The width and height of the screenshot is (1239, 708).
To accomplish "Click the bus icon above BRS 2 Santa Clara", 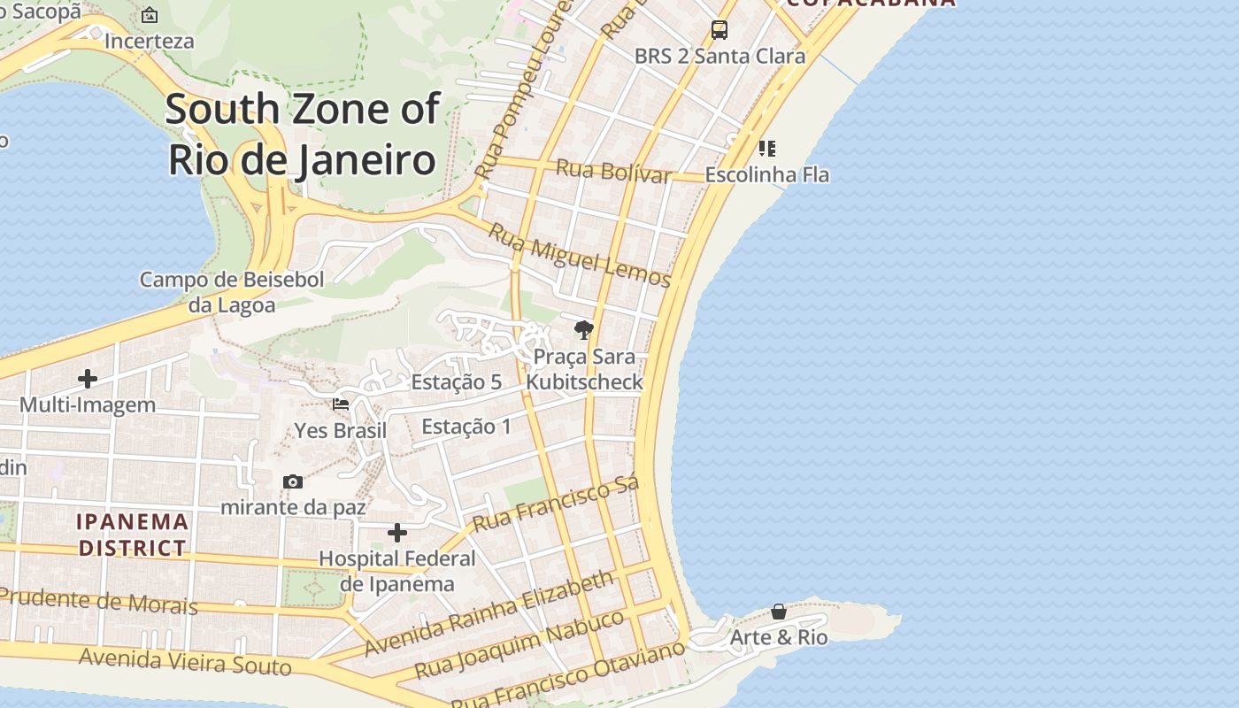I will point(720,30).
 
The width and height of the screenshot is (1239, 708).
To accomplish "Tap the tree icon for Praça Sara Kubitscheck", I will point(583,330).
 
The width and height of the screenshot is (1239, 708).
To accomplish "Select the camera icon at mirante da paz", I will point(293,481).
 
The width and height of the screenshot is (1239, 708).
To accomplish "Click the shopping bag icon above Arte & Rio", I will point(778,612).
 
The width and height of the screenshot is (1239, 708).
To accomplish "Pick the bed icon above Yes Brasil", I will point(341,404).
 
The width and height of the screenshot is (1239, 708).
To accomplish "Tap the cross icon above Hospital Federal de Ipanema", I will point(397,533).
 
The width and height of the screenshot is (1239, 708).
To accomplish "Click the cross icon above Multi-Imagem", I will point(88,379).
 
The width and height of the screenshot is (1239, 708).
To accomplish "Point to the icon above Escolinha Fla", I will point(767,148).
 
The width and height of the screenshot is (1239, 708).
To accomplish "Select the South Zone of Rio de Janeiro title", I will point(302,135).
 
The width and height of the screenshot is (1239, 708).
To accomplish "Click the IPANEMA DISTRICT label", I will point(133,535).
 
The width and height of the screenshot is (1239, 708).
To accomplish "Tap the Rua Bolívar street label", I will point(613,170).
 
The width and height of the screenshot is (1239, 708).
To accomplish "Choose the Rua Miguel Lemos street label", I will point(581,256).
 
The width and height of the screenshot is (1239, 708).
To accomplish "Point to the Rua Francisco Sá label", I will point(555,505).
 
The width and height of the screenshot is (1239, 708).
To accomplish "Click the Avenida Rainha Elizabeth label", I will point(489,613).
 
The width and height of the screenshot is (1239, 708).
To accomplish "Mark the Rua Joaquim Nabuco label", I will point(519,644).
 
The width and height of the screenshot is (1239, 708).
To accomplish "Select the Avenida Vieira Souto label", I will point(185,660).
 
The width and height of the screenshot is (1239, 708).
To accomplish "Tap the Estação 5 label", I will point(457,382).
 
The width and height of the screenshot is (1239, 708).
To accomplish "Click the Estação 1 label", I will point(466,427).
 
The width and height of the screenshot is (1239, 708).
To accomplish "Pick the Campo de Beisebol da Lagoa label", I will point(232,292).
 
